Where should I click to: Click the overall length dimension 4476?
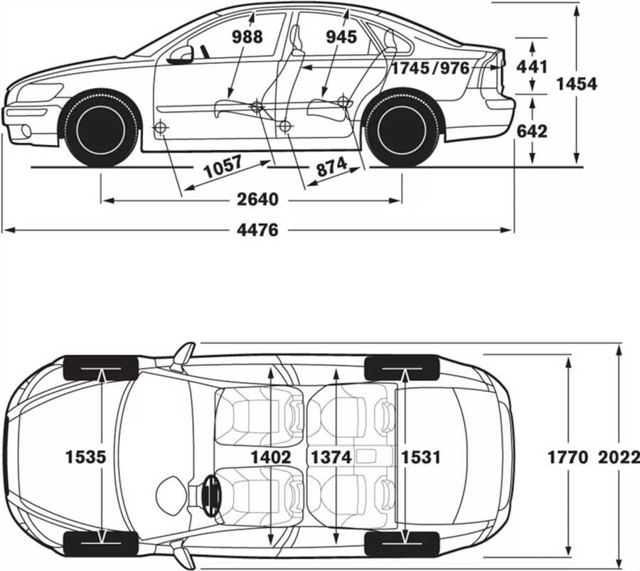pos(258,230)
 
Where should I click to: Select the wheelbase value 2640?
pos(257,200)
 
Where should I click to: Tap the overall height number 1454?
pos(576,84)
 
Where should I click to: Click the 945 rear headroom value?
pos(341,37)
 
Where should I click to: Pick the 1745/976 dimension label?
pos(430,68)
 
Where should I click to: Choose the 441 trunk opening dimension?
pos(533,67)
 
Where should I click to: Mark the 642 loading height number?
pos(533,131)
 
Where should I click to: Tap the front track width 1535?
pos(85,457)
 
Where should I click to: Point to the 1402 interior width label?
pos(271,457)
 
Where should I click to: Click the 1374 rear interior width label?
pos(331,457)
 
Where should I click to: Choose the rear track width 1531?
pos(421,457)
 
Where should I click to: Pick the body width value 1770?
pos(567,457)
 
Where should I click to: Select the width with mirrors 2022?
pos(619,457)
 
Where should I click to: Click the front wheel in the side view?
pos(100,129)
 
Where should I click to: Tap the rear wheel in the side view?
pos(402,129)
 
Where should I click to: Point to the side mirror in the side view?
pos(181,55)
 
